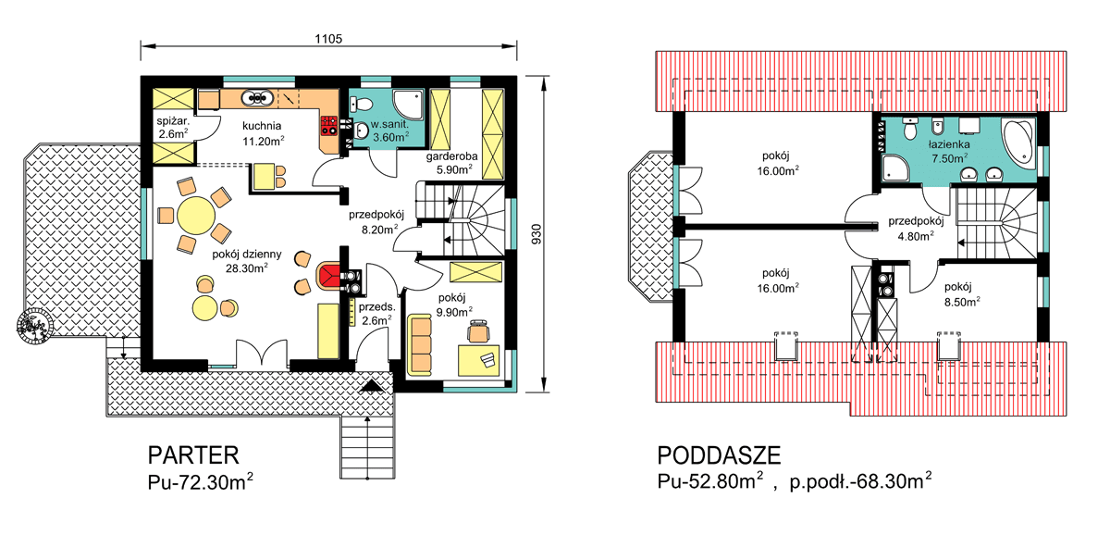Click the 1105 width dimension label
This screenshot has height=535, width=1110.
(328, 38)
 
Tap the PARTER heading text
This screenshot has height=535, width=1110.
(193, 455)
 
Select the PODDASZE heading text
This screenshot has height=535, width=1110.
(719, 455)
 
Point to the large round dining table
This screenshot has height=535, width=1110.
(195, 217)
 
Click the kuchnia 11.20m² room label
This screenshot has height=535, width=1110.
(264, 133)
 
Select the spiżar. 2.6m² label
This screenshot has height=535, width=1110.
(173, 127)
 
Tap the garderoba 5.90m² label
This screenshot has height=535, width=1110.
(451, 164)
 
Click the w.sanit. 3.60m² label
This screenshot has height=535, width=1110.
(389, 131)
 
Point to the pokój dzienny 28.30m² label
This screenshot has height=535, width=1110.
(239, 260)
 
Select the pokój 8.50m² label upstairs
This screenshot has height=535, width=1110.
(962, 292)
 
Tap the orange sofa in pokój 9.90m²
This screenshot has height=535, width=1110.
(420, 344)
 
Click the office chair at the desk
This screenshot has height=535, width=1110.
(479, 331)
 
